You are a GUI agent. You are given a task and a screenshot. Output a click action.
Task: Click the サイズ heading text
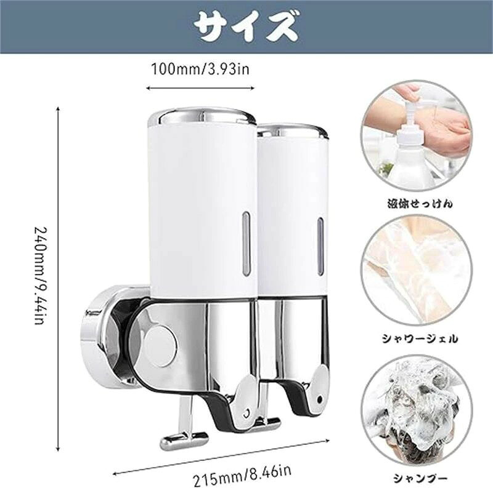click(x=245, y=26)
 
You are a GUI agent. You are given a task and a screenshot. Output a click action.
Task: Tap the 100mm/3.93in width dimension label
click(x=200, y=69)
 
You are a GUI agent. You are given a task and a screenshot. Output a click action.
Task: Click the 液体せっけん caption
click(x=420, y=204)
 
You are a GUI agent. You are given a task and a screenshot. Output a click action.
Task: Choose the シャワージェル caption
click(x=420, y=339)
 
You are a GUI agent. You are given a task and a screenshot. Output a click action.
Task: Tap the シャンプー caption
click(x=420, y=479)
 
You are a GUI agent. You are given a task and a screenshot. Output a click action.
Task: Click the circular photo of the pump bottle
click(x=417, y=135)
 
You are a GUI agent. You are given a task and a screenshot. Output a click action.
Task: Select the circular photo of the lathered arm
click(x=417, y=271)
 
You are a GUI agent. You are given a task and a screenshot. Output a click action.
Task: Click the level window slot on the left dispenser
click(x=246, y=244)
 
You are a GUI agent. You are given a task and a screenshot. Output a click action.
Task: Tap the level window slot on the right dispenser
click(x=320, y=246)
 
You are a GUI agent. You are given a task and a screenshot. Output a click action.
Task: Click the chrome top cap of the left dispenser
click(x=202, y=117)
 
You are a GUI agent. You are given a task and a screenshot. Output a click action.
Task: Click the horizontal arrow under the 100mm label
click(x=200, y=88)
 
